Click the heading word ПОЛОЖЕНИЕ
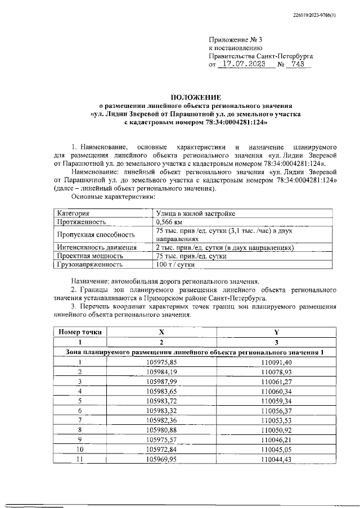(x=196, y=97)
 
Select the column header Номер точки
(x=80, y=332)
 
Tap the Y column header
(x=276, y=332)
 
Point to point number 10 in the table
(x=80, y=450)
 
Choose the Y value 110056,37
(x=276, y=410)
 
